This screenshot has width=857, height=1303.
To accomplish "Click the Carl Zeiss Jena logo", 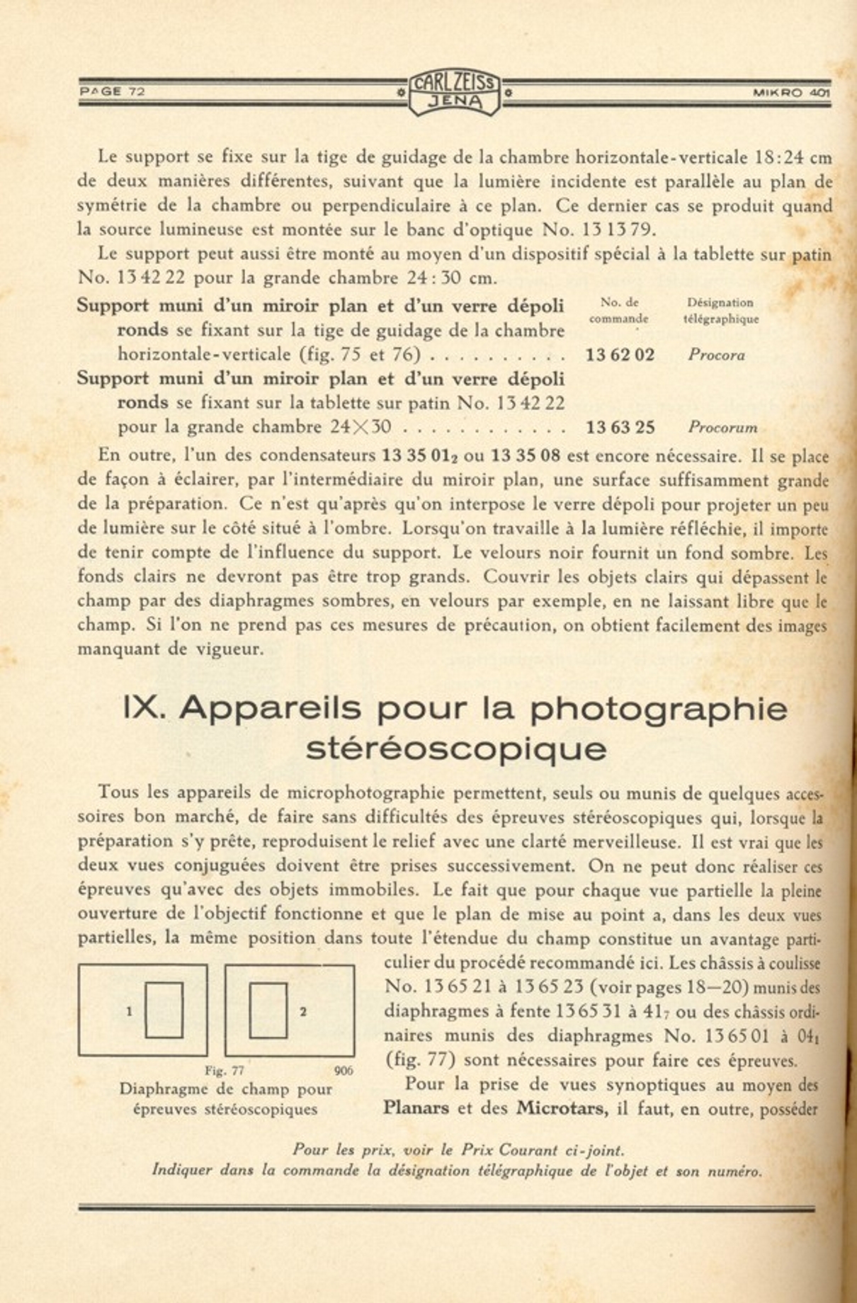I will pos(454,93).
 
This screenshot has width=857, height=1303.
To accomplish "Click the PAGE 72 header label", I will pos(112,91).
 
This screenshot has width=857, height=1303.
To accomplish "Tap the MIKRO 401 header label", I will pos(790,92).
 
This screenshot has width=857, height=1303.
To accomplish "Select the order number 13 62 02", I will pos(620,355).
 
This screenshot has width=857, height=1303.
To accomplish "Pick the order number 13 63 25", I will pos(620,427).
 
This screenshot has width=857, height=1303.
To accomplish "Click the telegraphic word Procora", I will pos(716,355).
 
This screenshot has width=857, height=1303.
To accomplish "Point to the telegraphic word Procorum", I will pos(722,428).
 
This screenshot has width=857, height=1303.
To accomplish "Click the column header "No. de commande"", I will pos(618,311).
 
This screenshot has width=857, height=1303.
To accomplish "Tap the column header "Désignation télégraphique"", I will pos(720,311).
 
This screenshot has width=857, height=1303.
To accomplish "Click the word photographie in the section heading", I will pos(659,708).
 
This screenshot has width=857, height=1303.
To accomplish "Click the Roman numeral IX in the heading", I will pos(144,708).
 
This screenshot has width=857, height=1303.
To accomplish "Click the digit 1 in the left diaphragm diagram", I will pos(129,1011).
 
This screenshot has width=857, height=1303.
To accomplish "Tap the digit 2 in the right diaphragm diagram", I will pos(303,1011).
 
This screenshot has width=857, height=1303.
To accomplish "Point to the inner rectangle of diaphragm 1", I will pos(164,1010).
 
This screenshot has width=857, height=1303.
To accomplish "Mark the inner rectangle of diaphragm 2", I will pos(268,1010).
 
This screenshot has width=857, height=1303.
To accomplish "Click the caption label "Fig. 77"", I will pos(224,1071).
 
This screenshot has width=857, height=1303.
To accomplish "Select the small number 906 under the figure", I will pos(343,1071).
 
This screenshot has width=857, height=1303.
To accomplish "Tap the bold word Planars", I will pos(416,1108).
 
